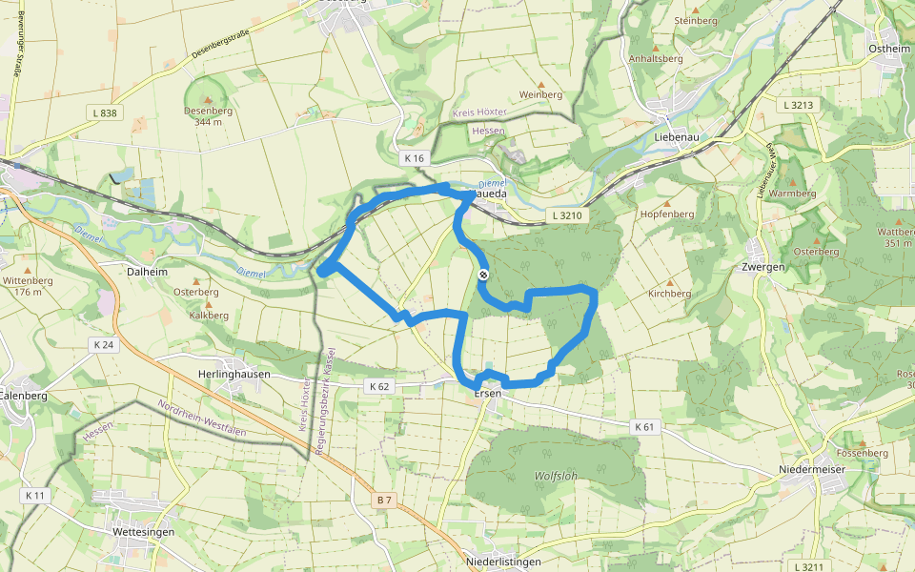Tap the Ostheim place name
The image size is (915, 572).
click(x=889, y=49)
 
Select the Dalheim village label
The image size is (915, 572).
click(x=147, y=272)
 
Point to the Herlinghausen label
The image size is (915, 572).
click(x=234, y=375)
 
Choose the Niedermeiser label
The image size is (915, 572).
click(x=812, y=469)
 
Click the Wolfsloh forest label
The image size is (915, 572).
click(x=557, y=475)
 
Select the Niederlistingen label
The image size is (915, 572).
click(x=504, y=562)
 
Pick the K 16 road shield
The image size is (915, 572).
click(x=413, y=158)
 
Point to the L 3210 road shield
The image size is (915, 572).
click(x=570, y=216)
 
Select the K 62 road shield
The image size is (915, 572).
click(x=378, y=386)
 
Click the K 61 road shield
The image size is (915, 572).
click(x=645, y=426)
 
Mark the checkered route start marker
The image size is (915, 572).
click(x=483, y=276)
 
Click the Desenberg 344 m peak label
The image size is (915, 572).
click(x=208, y=115)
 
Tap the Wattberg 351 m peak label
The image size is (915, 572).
click(x=895, y=236)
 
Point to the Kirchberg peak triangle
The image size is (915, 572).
click(x=669, y=283)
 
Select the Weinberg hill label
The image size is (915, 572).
click(x=540, y=94)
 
